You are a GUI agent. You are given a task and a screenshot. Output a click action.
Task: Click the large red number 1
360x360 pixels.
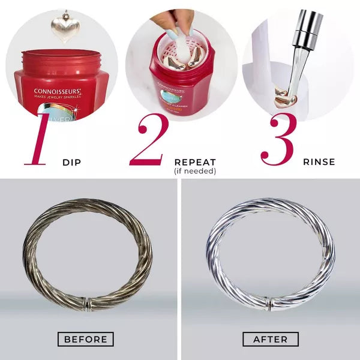click(x=37, y=139)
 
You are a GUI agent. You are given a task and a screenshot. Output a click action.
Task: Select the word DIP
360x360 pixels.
click(x=73, y=162)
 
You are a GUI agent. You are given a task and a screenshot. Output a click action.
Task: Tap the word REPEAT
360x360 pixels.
click(x=195, y=162)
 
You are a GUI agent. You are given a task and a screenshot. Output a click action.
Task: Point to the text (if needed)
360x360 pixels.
click(x=195, y=171)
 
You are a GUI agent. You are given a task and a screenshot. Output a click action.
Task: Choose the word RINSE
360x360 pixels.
click(x=319, y=162)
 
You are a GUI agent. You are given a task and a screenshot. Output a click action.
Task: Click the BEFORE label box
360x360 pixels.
click(x=86, y=339)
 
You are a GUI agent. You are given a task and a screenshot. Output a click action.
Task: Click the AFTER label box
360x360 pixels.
click(x=271, y=339)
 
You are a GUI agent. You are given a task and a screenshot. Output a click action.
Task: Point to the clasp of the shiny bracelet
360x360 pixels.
click(x=271, y=304)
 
